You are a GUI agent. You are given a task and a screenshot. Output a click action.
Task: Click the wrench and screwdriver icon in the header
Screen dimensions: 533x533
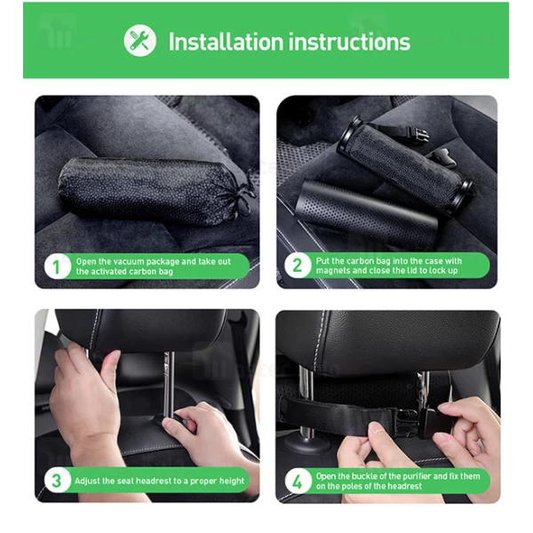pyautogui.click(x=139, y=41)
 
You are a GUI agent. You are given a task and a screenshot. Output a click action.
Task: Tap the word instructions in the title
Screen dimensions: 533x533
pyautogui.click(x=354, y=41)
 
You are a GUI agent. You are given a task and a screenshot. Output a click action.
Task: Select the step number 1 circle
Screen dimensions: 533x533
pyautogui.click(x=57, y=266)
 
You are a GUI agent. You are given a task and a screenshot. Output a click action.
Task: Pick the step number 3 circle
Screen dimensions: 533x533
pyautogui.click(x=57, y=481)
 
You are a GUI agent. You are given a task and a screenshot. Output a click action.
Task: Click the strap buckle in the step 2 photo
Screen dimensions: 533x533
pyautogui.click(x=420, y=135)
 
